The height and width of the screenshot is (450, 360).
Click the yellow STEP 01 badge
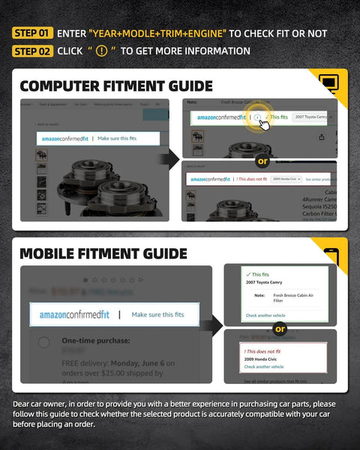click(x=33, y=33)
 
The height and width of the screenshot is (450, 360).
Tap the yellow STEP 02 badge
click(x=33, y=51)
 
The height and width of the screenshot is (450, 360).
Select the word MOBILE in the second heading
click(x=52, y=253)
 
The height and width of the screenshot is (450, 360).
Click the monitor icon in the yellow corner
click(x=328, y=82)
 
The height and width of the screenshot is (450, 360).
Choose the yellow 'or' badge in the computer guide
click(x=262, y=160)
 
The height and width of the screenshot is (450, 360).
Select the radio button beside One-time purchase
click(x=44, y=343)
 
